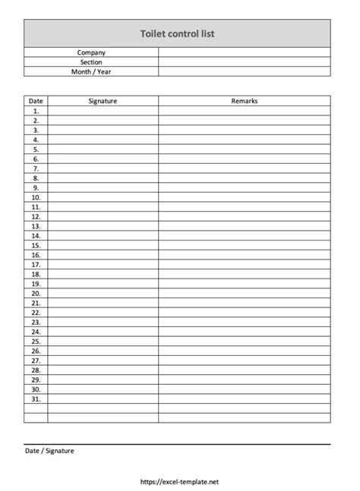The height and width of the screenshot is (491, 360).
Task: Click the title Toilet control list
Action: click(178, 34)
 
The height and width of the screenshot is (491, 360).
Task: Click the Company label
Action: click(91, 52)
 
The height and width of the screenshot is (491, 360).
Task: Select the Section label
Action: click(91, 62)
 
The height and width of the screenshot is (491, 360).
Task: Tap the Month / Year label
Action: click(91, 72)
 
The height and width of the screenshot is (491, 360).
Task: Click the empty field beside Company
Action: click(245, 52)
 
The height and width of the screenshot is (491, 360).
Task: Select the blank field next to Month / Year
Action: click(245, 72)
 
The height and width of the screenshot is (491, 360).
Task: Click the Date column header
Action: click(36, 100)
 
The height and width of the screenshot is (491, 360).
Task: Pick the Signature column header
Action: click(103, 100)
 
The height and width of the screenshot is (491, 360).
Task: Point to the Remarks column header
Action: click(245, 100)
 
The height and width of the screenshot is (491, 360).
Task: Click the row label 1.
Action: click(36, 110)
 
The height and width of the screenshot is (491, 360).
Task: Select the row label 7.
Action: click(36, 168)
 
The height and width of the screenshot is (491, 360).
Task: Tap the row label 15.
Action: click(36, 245)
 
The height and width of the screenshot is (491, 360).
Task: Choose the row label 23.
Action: click(36, 322)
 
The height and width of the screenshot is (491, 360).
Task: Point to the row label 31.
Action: click(36, 398)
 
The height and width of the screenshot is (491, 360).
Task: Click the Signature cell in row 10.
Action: click(103, 197)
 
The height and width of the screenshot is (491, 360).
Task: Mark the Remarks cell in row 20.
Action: click(245, 293)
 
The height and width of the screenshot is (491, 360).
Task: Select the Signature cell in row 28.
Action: click(103, 370)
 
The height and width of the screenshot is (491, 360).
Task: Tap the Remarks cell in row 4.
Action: click(245, 139)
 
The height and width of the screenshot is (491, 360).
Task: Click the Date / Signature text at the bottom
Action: click(49, 451)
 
